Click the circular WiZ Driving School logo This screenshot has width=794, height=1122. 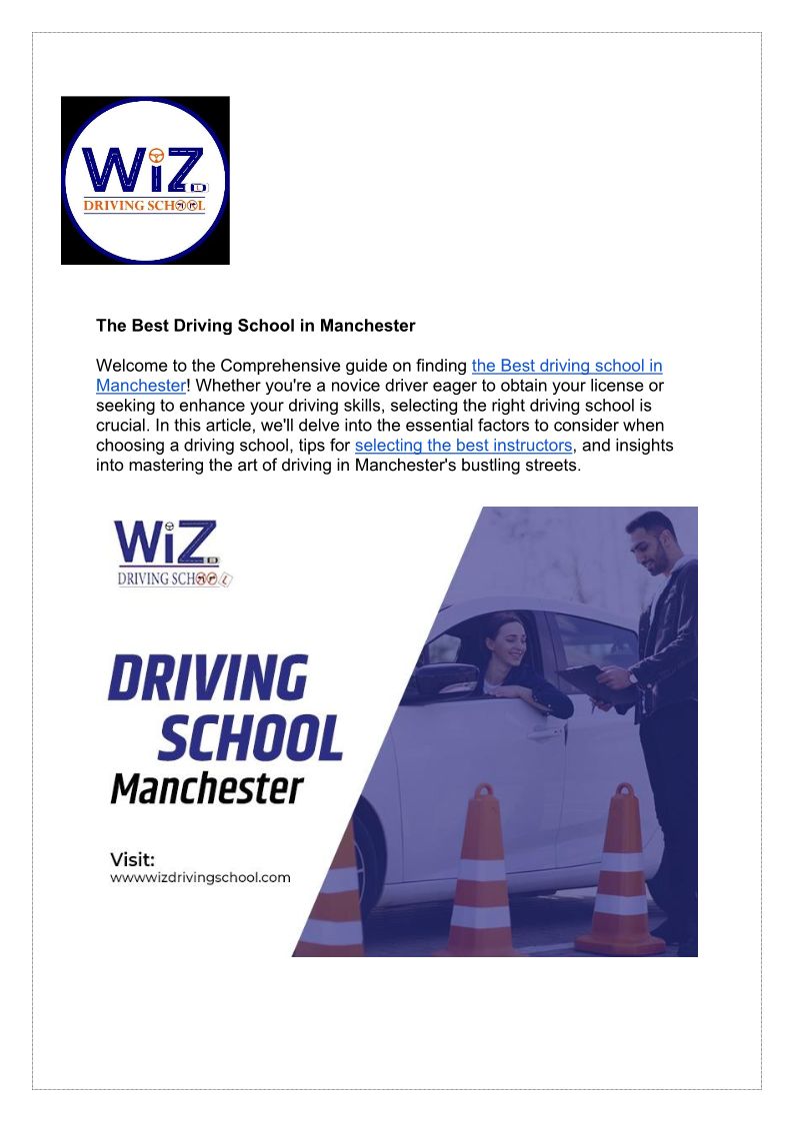(x=145, y=181)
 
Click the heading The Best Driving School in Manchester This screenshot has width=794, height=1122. (x=255, y=326)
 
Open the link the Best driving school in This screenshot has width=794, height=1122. (x=567, y=367)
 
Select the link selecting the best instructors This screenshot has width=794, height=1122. (x=463, y=446)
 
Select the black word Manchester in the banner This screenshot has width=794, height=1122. (x=206, y=789)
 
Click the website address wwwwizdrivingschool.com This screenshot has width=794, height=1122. (x=200, y=878)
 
